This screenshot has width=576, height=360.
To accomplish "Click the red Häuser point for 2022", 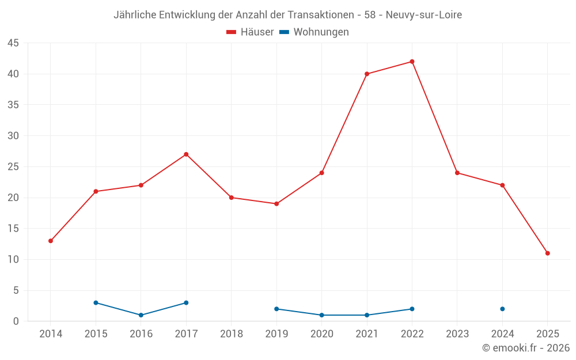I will (412, 62).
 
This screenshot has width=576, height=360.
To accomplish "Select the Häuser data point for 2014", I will (51, 241).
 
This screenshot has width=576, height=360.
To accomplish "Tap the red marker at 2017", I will (186, 154).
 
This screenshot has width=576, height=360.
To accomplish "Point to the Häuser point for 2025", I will (547, 253).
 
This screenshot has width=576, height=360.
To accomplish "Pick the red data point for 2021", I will (367, 74).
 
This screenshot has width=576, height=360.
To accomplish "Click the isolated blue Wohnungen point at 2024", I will (502, 309).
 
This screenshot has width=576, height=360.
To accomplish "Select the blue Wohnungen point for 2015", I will (96, 303).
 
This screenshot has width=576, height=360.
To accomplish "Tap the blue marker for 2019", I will (276, 309).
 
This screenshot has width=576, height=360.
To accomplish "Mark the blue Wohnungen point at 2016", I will (141, 315).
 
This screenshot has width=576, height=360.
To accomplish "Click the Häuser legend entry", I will (250, 32).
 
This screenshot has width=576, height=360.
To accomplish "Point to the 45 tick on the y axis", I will (13, 43).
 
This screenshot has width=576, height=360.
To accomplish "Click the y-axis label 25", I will (13, 167).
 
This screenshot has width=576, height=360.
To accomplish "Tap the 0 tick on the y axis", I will (16, 321).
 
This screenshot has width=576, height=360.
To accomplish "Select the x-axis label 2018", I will (232, 334).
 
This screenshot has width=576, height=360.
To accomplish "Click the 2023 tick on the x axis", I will (457, 334).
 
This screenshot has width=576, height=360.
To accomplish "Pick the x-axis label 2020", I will (321, 334).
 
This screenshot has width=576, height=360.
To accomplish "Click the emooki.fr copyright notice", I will (526, 348).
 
